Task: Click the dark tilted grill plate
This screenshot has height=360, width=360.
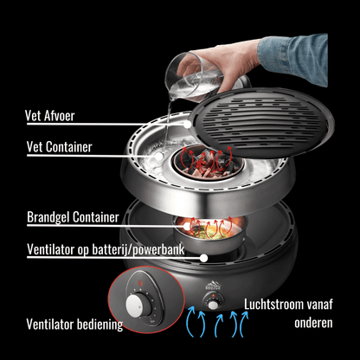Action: (x=259, y=143)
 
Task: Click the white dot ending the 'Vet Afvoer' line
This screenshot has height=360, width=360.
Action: (x=188, y=127)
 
